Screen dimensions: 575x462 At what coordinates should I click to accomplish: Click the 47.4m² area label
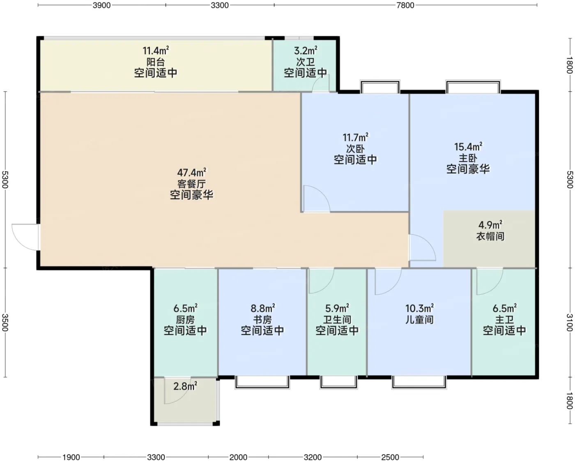click(191, 173)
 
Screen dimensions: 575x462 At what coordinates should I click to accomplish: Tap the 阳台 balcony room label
click(156, 62)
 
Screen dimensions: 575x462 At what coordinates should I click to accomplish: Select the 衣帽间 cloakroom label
click(490, 236)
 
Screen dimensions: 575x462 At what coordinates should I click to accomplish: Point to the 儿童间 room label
click(419, 319)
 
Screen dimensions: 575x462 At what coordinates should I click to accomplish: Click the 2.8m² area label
click(185, 386)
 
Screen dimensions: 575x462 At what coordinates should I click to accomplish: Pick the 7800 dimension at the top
click(405, 5)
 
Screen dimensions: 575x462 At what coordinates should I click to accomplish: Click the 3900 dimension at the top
click(101, 5)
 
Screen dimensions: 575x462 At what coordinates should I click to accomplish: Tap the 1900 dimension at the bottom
click(71, 457)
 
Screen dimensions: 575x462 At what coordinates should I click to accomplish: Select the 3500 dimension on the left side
click(5, 322)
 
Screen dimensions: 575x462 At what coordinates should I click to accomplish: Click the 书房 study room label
click(262, 319)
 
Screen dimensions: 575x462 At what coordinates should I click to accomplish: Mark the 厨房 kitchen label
click(185, 319)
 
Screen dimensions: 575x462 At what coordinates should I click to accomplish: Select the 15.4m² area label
click(468, 146)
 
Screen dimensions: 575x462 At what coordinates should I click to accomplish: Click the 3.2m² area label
click(306, 51)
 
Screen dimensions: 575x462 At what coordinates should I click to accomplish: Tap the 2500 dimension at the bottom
click(390, 457)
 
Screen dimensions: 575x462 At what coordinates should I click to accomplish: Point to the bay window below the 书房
click(262, 382)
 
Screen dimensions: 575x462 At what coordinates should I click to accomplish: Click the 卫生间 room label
click(337, 319)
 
